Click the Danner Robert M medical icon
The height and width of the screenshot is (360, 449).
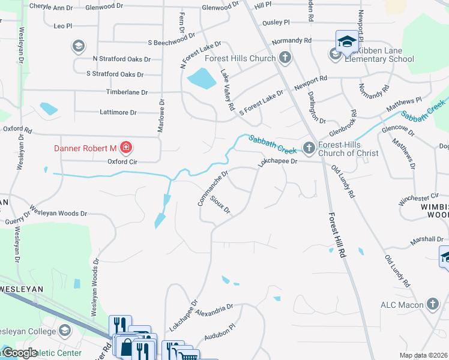(125, 147)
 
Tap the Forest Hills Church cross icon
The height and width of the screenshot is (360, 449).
(285, 58)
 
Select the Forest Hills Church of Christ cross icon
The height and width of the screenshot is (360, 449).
(309, 147)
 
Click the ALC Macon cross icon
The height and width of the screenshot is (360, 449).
(432, 304)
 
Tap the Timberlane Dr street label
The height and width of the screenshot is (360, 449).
(127, 92)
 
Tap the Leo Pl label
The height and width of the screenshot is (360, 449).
(63, 26)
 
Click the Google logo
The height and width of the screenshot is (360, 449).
(19, 353)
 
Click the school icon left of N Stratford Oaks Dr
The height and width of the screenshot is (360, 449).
(77, 46)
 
